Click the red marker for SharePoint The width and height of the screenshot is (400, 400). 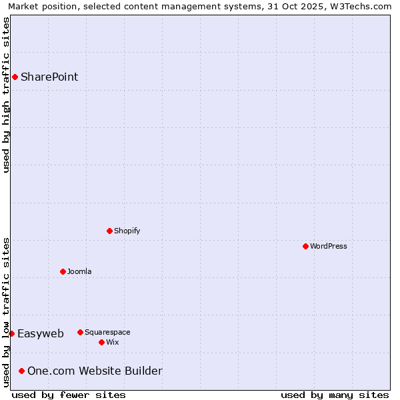coord(15,77)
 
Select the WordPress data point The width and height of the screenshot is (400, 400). coord(305,246)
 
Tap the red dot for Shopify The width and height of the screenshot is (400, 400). coord(109,231)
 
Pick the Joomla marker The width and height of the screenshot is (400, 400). coord(63,271)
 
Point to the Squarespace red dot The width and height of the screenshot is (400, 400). coord(80,332)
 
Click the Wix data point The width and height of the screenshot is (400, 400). coord(101,342)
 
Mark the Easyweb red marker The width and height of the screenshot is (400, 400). coord(11,333)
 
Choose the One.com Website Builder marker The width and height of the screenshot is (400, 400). coord(22,371)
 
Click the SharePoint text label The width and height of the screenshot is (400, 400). coord(49,77)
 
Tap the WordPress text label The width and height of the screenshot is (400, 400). coord(328,246)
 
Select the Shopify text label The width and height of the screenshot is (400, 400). coord(127,231)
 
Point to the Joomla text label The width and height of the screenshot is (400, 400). coord(79,271)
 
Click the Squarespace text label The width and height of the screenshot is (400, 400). coord(107,332)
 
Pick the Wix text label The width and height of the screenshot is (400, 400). coord(112,342)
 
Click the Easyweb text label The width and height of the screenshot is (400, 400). coord(41,334)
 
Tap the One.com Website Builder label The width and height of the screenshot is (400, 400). coord(95,371)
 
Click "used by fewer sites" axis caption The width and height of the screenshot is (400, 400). coord(69,395)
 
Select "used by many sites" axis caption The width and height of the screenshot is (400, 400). coord(335,395)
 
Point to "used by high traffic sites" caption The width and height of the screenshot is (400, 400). coord(6,95)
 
